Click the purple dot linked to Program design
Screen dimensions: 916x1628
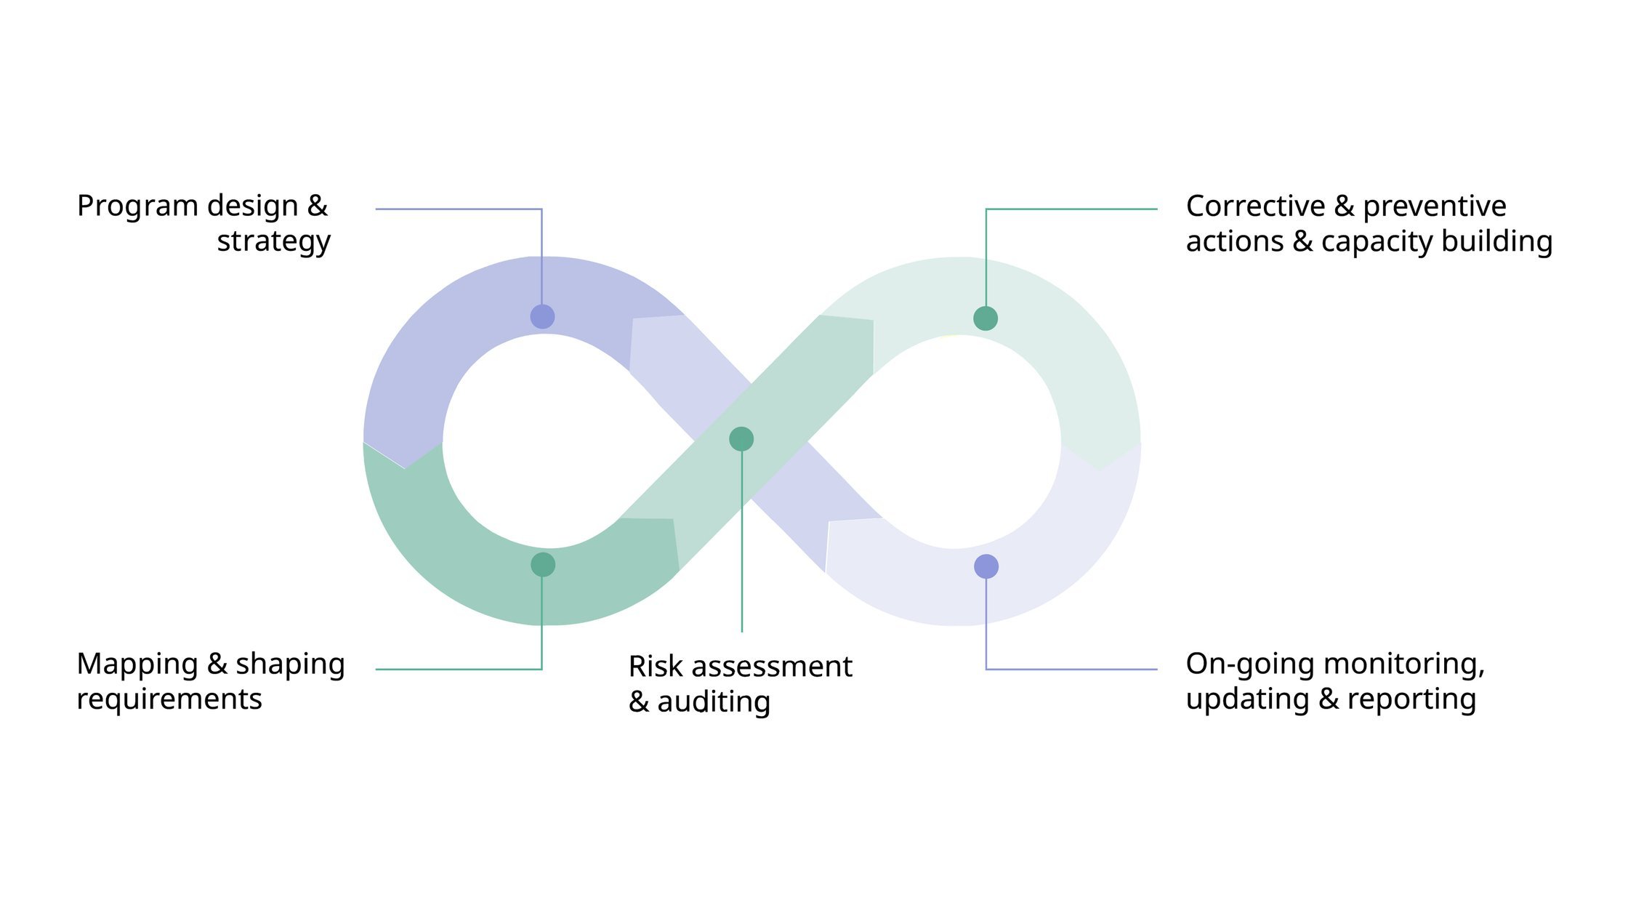(542, 316)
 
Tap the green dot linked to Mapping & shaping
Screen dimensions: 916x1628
(543, 565)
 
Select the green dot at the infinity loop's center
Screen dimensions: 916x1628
(741, 439)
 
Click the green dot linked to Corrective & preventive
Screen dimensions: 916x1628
(986, 318)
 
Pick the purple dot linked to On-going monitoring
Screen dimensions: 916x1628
(986, 566)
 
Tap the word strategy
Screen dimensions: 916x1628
(274, 242)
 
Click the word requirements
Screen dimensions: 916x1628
(169, 699)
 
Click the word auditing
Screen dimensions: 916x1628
(714, 702)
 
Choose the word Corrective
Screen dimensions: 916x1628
(1255, 206)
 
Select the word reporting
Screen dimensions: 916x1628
(1411, 700)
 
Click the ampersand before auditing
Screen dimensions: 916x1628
(638, 702)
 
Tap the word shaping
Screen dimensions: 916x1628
(290, 665)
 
